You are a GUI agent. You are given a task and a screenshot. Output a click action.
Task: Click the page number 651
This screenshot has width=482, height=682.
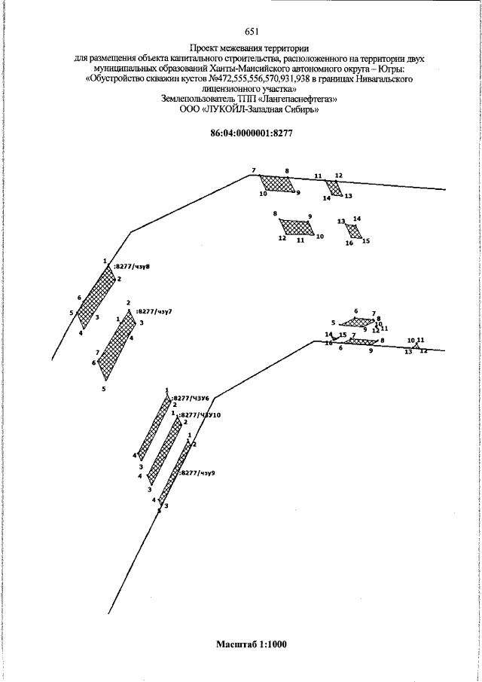point(252,32)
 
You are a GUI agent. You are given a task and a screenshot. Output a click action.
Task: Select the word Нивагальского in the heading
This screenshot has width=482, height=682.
point(380,78)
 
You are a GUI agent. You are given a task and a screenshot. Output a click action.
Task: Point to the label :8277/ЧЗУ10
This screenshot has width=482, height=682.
point(199,414)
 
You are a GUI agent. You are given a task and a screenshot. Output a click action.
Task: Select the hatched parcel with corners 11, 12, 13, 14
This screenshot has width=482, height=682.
point(333,187)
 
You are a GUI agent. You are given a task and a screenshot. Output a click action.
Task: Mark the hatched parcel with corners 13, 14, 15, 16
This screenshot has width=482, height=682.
point(355,231)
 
